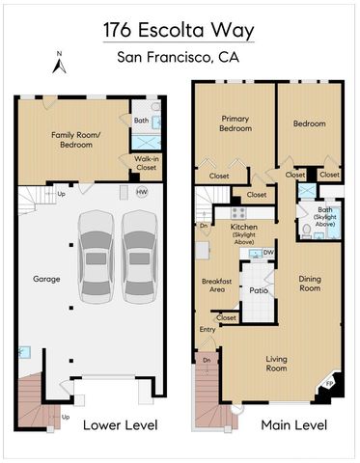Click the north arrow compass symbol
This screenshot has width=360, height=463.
point(58,64)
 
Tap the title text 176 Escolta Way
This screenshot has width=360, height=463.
point(179,30)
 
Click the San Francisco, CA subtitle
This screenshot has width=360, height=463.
point(179,57)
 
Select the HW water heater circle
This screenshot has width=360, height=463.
point(142,193)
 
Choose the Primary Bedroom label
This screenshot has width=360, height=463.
point(235,123)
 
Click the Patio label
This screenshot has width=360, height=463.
point(258,288)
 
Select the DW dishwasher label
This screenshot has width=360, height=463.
point(269,253)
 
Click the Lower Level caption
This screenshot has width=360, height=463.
point(119,425)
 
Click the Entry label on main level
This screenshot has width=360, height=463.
point(208,330)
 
